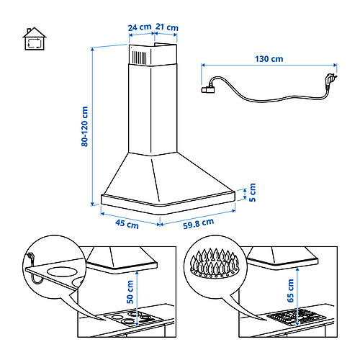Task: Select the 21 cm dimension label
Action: coord(167,27)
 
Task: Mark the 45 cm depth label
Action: coord(127,224)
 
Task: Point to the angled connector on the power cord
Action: coord(210,87)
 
